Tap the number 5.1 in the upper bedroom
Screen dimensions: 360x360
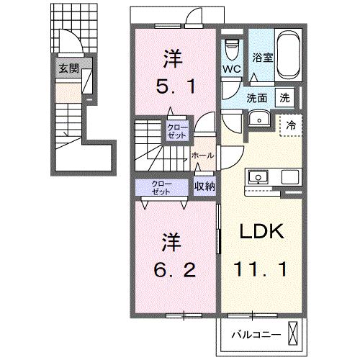pyautogui.click(x=173, y=88)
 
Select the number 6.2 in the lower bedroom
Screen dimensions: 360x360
pyautogui.click(x=173, y=269)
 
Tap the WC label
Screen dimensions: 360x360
pyautogui.click(x=231, y=69)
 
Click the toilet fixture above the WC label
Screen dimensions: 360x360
pyautogui.click(x=232, y=49)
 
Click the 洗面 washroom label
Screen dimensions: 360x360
pyautogui.click(x=258, y=98)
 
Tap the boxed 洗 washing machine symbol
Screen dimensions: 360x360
pyautogui.click(x=285, y=97)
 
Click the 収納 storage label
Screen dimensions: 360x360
pyautogui.click(x=204, y=186)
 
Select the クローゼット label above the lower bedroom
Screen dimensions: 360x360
pyautogui.click(x=161, y=186)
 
